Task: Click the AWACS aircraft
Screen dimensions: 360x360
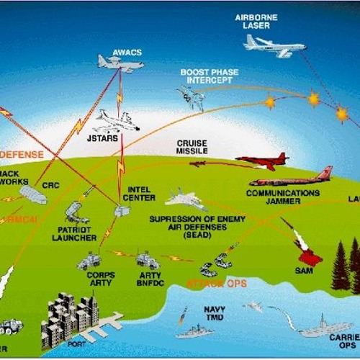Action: [x=120, y=64]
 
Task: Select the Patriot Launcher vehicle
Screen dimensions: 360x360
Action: [x=76, y=212]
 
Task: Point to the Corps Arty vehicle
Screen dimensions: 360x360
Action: [x=90, y=259]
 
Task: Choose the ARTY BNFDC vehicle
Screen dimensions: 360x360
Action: [x=147, y=259]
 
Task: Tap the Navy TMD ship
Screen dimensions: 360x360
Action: [x=194, y=330]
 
